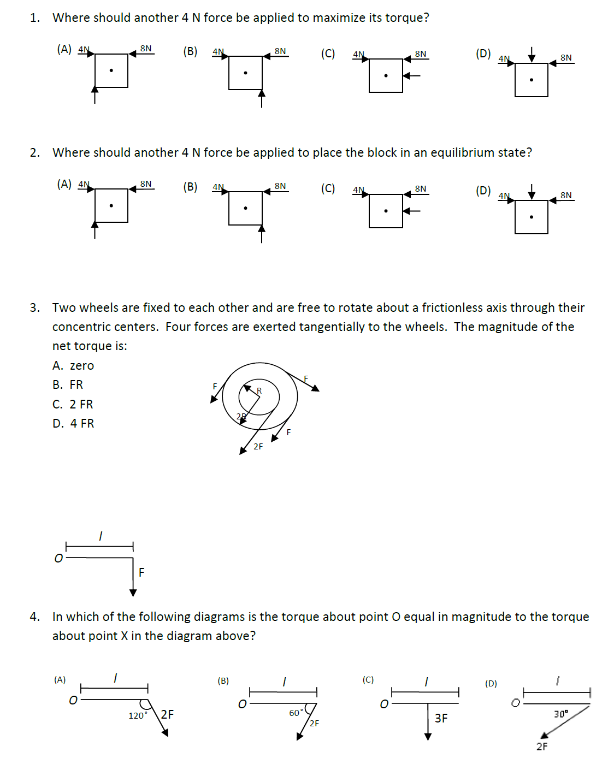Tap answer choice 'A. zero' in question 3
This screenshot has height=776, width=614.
(x=73, y=365)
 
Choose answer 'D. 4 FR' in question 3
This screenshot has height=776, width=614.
(x=73, y=423)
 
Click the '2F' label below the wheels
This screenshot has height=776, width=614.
(x=258, y=447)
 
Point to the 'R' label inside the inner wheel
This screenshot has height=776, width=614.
(x=259, y=390)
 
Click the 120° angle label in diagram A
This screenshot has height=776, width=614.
(x=138, y=715)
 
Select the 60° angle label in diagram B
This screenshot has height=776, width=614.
(x=296, y=713)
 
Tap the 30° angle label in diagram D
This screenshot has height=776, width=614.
(x=561, y=714)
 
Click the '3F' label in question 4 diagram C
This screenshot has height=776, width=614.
(x=441, y=718)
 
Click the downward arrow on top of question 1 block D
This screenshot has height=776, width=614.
(x=532, y=55)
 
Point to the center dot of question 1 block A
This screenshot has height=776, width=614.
(x=111, y=70)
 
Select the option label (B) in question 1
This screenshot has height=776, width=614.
(x=190, y=51)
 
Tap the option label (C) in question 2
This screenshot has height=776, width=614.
(x=328, y=188)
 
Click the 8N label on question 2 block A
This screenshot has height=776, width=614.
(x=146, y=183)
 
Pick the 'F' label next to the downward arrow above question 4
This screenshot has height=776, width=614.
(x=141, y=572)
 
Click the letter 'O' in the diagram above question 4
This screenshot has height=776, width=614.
(x=58, y=558)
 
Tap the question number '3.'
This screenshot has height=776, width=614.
(x=35, y=307)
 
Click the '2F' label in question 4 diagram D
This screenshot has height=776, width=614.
(x=541, y=747)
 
